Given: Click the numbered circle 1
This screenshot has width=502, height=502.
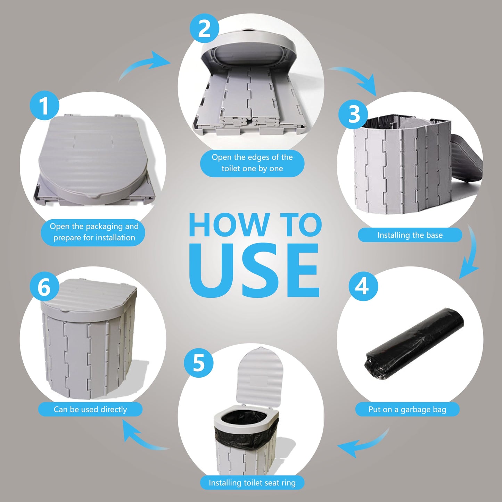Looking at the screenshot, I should point(44,106).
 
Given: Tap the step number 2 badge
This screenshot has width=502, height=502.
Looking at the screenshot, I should point(204,28).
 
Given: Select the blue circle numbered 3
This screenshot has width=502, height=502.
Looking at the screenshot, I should point(353,114).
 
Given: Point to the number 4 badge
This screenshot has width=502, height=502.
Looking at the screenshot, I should point(363,287).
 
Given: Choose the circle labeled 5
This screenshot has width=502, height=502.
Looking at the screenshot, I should point(199,363).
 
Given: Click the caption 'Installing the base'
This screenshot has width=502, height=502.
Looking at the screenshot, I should point(410,235).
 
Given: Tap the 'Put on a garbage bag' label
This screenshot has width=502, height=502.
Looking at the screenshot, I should point(407,410).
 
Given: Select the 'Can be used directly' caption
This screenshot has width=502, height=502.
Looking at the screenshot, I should point(90,410).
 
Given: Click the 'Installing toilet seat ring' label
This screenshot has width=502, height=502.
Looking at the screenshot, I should point(252,483).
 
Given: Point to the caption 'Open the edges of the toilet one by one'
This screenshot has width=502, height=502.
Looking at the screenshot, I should point(252,163).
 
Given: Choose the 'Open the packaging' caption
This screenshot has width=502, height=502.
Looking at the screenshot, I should point(93,232).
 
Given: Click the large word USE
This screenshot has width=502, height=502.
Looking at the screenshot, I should point(254,271).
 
